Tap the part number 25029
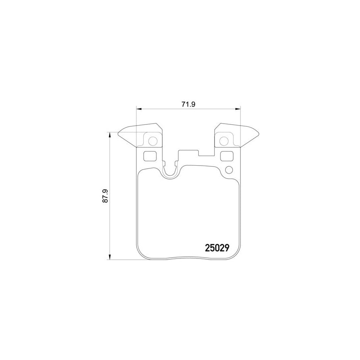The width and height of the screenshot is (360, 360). [x=217, y=248]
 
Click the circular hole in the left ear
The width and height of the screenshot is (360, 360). [x=152, y=140]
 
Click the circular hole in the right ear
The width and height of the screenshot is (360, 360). [x=225, y=140]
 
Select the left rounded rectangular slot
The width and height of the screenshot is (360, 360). [x=150, y=156]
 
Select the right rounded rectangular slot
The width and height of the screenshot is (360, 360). [x=227, y=156]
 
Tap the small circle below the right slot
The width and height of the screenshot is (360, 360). [x=229, y=170]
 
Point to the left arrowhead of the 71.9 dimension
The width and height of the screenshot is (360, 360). [x=138, y=108]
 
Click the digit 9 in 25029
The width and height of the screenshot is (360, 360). [x=226, y=248]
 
